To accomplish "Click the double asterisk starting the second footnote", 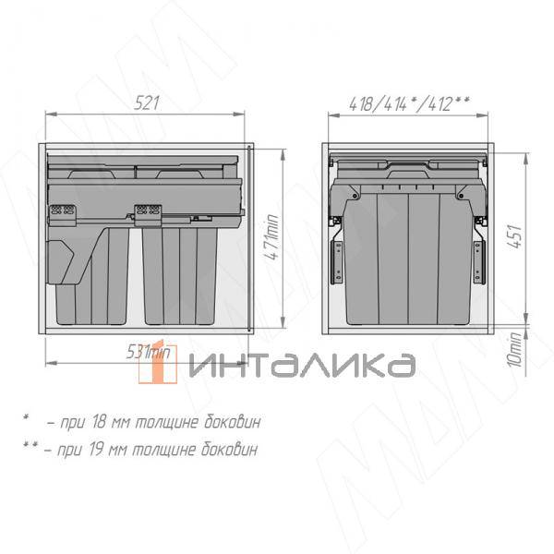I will [30, 448].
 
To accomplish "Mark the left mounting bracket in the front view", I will [338, 258].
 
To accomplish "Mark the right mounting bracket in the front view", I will [478, 258].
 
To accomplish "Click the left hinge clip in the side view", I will [62, 213].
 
